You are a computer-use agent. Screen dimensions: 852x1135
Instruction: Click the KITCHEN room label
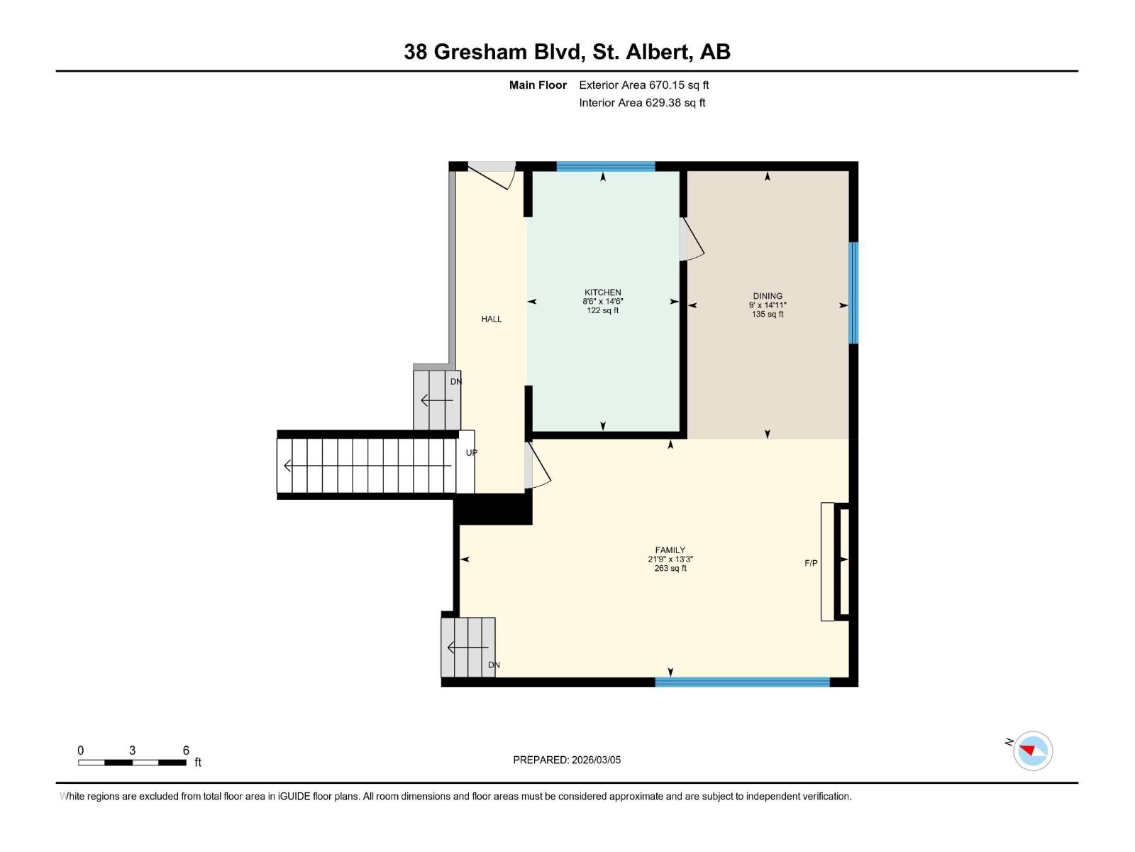tap(602, 292)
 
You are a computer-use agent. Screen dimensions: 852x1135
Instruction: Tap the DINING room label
tap(768, 296)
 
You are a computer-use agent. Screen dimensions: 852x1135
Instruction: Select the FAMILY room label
tap(670, 550)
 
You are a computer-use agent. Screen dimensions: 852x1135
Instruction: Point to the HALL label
tap(491, 319)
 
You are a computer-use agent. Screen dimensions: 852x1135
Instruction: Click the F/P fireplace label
tap(811, 563)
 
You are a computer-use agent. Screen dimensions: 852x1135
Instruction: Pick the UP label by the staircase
tap(471, 452)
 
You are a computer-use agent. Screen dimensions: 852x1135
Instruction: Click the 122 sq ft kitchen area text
tap(602, 310)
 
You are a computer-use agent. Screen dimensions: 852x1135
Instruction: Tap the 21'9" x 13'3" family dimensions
tap(670, 559)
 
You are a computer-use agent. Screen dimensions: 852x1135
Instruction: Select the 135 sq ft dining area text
tap(768, 314)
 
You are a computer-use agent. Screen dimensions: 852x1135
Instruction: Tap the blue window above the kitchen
tap(605, 167)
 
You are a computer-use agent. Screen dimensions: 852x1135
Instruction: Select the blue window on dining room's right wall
tap(854, 293)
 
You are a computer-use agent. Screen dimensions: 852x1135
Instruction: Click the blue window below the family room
tap(742, 682)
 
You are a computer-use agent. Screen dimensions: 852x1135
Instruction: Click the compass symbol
tap(1033, 750)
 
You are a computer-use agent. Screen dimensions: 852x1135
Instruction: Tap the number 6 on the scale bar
tap(186, 750)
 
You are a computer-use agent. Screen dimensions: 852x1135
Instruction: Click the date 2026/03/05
tap(596, 760)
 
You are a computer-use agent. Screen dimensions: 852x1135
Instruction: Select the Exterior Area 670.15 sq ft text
tap(643, 84)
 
